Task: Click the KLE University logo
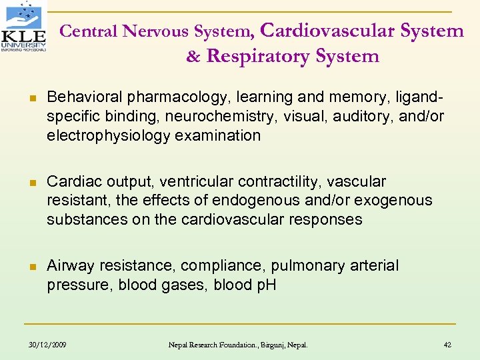pos(24,27)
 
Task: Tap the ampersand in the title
pos(193,57)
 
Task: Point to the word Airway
pos(71,266)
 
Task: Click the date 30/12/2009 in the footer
pos(49,345)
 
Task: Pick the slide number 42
pos(447,345)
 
